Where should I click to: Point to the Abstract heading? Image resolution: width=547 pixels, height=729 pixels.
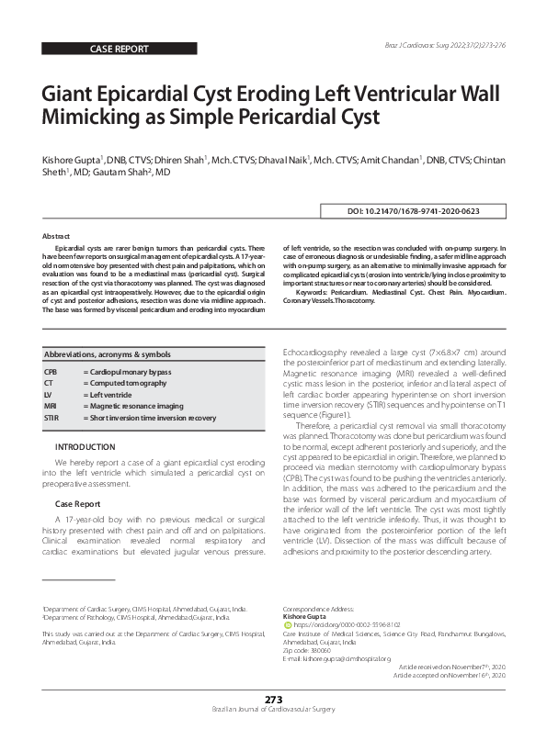click(x=56, y=236)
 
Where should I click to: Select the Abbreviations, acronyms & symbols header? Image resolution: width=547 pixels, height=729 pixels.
click(x=107, y=353)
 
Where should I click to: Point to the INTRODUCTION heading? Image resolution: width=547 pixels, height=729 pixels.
click(x=85, y=446)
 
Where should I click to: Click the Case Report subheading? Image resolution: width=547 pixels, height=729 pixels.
click(x=77, y=505)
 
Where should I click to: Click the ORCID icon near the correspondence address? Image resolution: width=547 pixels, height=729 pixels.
click(x=286, y=624)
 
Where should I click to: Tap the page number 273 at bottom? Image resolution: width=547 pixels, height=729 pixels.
click(x=273, y=700)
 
